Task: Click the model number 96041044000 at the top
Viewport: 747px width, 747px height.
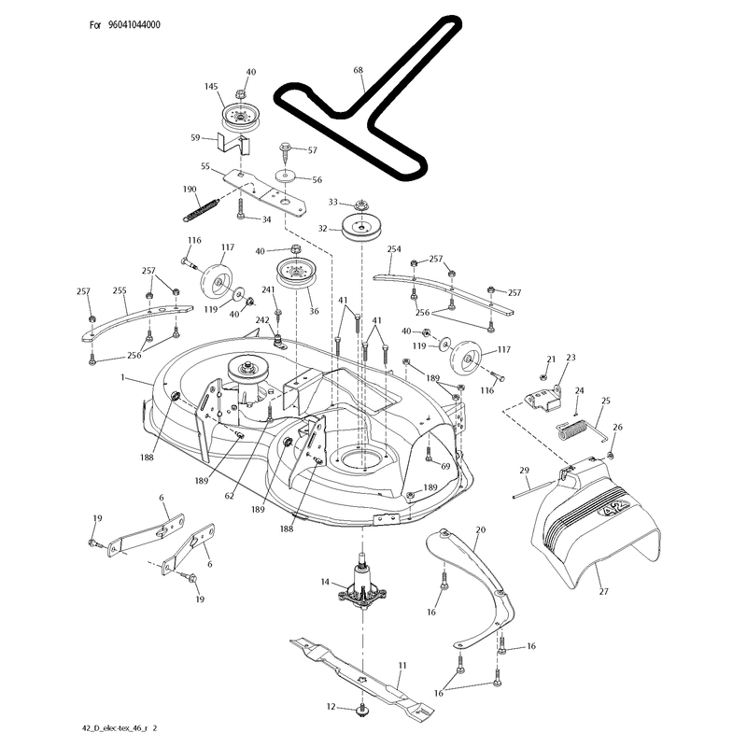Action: coord(134,25)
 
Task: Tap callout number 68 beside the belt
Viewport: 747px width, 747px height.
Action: coord(358,70)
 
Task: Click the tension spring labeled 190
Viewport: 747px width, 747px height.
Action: coord(201,209)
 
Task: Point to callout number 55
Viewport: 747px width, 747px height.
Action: coord(205,166)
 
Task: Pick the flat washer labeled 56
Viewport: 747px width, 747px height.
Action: coord(286,176)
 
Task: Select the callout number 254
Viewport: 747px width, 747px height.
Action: coord(394,248)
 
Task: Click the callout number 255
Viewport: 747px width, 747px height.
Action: coord(120,290)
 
